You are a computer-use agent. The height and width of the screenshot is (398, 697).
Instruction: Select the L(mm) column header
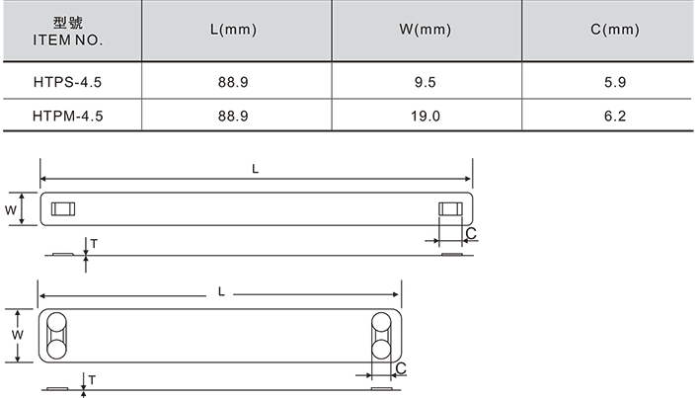[233, 30]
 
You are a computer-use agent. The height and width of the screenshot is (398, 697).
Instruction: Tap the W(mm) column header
[425, 30]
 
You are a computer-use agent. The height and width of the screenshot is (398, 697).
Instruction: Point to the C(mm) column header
[615, 30]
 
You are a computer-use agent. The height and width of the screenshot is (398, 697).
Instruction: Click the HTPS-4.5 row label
[67, 82]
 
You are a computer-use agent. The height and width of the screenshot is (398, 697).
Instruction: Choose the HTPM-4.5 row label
[67, 117]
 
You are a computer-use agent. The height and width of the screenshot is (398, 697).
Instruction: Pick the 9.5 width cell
[425, 82]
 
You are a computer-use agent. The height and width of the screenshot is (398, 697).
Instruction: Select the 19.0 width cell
[425, 117]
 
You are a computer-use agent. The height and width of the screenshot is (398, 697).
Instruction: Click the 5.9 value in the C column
[615, 82]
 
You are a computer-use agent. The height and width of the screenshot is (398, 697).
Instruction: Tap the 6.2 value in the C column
[615, 117]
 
